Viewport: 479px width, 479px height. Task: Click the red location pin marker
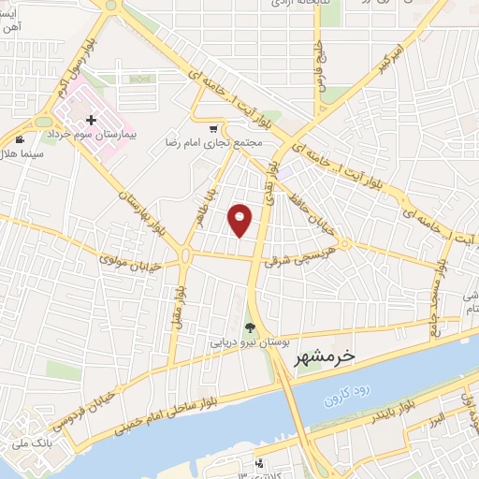(x=241, y=220)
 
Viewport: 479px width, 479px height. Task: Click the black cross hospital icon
(x=91, y=120)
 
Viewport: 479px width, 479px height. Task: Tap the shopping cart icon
(x=214, y=129)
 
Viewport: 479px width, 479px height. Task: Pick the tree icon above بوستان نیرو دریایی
(x=250, y=327)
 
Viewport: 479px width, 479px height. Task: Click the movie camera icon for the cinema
(x=21, y=139)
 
